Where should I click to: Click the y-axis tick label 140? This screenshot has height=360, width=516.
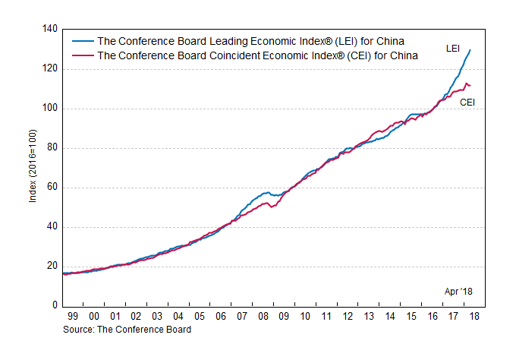(x=49, y=30)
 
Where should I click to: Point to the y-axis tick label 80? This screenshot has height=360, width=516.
(x=52, y=148)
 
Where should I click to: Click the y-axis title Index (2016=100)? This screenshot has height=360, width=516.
(x=31, y=167)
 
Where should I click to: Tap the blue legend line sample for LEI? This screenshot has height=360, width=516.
(x=82, y=41)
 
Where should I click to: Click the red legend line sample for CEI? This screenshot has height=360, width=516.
(x=82, y=55)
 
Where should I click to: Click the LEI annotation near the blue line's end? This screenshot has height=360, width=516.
(x=452, y=49)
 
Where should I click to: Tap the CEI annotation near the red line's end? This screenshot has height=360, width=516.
(x=467, y=102)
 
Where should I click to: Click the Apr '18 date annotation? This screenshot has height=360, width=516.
(x=458, y=292)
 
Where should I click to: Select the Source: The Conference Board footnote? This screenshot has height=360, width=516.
(x=127, y=330)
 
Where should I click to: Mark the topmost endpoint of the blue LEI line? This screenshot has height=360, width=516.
(x=470, y=50)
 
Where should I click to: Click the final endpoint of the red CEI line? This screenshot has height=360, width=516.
(x=470, y=85)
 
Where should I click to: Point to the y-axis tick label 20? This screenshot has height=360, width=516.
(x=52, y=267)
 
